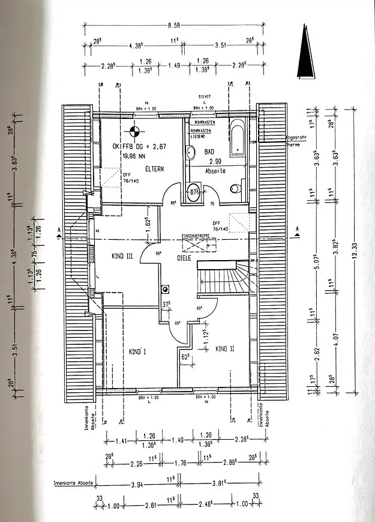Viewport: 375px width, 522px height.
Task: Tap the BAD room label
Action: coord(209,153)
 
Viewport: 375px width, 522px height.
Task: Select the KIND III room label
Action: coord(122,256)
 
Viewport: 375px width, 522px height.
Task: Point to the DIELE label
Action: coord(184,258)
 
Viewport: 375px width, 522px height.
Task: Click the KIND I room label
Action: coord(137,352)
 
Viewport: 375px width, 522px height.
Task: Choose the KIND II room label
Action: coord(224,349)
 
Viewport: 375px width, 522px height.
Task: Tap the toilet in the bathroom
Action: coord(235,189)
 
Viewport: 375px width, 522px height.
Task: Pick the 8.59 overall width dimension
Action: coord(174,25)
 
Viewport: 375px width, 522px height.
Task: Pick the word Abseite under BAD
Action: coord(214,171)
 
